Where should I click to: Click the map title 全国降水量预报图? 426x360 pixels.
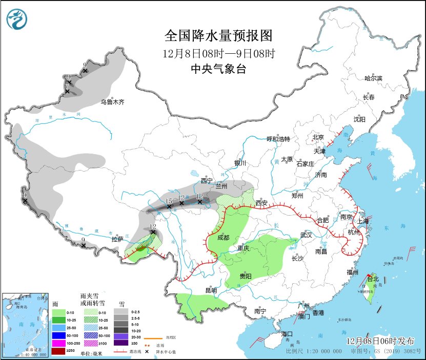coord(218,36)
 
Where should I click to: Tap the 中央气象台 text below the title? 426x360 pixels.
coord(218,69)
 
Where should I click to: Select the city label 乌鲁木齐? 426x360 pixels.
coord(112,102)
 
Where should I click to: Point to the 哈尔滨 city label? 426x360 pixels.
coord(373,78)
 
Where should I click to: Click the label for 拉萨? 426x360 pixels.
coord(117,239)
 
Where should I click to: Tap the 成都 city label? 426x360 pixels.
coord(222,238)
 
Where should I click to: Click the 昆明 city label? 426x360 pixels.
coord(211,290)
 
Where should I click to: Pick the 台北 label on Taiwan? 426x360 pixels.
coord(373,279)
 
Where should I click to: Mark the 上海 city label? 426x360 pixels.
coord(363,221)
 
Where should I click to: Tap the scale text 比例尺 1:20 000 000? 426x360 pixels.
coord(314,352)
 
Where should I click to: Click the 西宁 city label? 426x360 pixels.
coord(207,181)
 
